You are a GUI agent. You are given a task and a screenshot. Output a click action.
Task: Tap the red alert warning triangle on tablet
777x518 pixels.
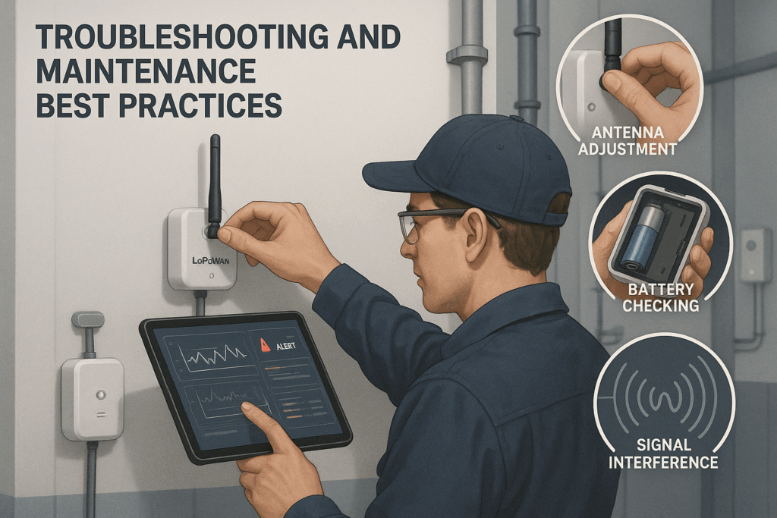click(265, 345)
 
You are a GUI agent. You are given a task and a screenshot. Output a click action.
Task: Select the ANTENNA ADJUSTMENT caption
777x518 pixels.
click(628, 141)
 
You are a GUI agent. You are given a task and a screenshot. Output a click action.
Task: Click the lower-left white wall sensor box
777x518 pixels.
click(93, 399)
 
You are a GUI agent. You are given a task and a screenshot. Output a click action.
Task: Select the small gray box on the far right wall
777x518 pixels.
click(756, 255)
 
